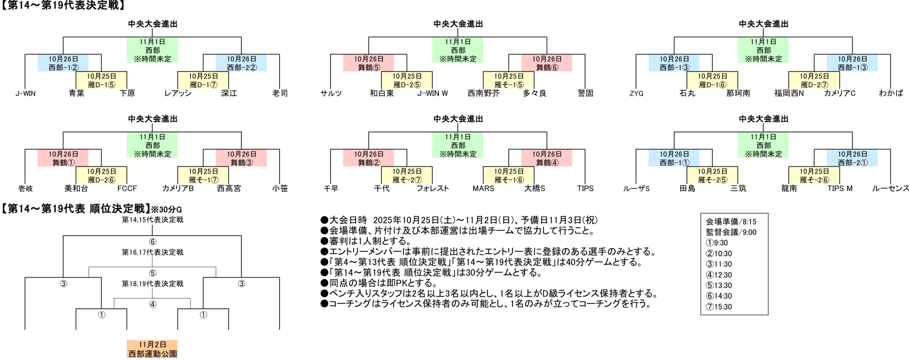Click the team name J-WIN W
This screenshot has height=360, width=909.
pos(432,93)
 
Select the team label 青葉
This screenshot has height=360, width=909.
pos(76,93)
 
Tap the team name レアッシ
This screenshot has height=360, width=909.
pos(178,93)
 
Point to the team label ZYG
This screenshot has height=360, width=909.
pos(636,93)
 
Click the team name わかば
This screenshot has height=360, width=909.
pos(891,93)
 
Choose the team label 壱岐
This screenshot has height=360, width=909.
pos(25,188)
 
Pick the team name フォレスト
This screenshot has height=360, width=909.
pos(432,188)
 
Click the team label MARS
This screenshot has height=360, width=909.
pos(483,188)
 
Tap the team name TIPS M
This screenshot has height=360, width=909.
pos(840,188)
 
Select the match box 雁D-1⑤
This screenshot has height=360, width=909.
pos(101,81)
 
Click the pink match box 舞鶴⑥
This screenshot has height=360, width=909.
pos(547,63)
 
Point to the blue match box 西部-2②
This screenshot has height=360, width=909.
pos(241,63)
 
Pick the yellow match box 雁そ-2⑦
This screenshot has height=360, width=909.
pos(407,176)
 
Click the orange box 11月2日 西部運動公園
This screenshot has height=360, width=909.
pos(152,349)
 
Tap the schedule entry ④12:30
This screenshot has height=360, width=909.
pos(719,275)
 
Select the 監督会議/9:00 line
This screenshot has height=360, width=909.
pos(731,232)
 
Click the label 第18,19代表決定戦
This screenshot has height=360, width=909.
pos(152,284)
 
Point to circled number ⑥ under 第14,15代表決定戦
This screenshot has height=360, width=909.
pos(152,242)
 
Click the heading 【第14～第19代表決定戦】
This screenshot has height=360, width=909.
pos(63,5)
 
